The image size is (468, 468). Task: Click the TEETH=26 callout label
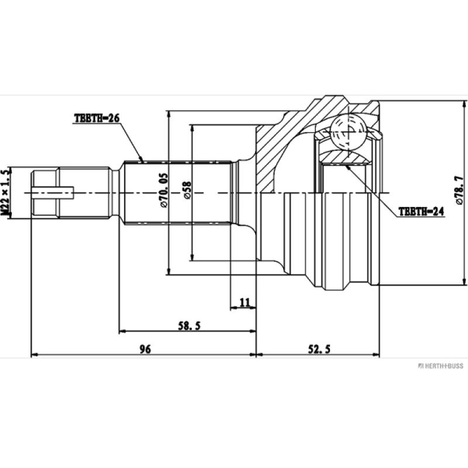click(x=97, y=118)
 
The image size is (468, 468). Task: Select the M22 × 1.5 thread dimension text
click(x=6, y=193)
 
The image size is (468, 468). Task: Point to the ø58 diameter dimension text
click(x=187, y=192)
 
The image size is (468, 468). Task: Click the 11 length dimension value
click(x=245, y=302)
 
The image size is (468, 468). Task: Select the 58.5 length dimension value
click(x=190, y=326)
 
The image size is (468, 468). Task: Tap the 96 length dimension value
click(x=145, y=349)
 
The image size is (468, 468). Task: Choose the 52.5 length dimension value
click(x=319, y=349)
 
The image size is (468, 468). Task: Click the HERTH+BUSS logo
click(x=439, y=366)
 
